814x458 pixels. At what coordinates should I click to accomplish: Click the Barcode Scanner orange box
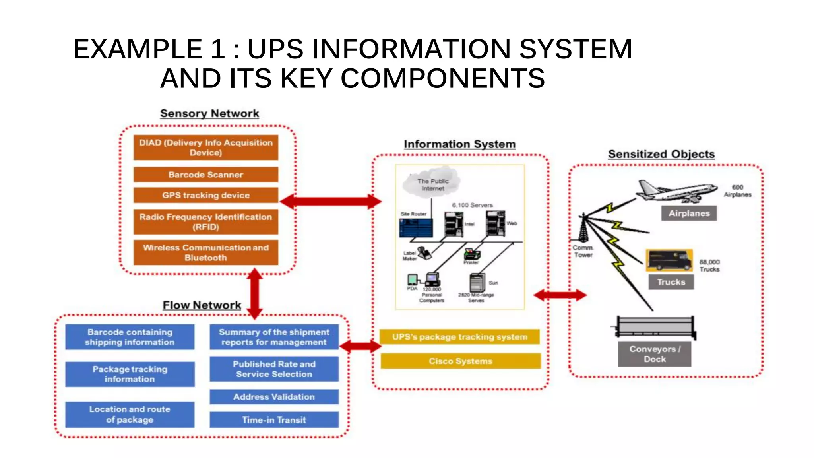click(205, 175)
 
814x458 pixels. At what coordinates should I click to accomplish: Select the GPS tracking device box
click(205, 195)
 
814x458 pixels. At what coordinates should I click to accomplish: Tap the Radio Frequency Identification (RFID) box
click(205, 222)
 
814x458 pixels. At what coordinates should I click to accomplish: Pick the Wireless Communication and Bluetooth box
click(205, 252)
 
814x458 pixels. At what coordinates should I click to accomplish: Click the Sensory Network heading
click(209, 113)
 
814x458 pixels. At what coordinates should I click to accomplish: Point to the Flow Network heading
click(202, 305)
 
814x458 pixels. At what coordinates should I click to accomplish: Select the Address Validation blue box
click(274, 397)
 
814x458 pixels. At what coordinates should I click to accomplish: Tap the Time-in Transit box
click(274, 420)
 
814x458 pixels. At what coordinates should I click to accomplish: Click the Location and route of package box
click(130, 414)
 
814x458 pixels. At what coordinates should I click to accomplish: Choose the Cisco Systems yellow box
click(460, 361)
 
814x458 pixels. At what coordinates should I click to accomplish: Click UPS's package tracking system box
click(459, 337)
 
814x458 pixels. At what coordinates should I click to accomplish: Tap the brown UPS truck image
click(669, 260)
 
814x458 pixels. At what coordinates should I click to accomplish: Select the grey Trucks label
click(671, 282)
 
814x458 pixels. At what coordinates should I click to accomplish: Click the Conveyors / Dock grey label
click(654, 354)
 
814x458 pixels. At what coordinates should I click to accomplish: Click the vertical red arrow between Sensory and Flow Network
click(255, 293)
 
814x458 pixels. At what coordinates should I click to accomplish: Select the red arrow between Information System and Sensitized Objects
click(560, 295)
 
